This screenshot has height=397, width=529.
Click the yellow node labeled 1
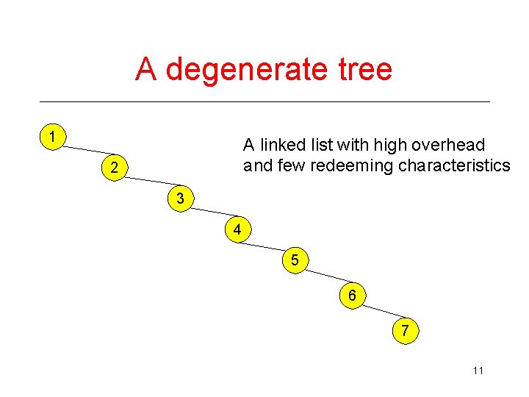51,137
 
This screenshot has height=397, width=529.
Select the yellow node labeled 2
112,168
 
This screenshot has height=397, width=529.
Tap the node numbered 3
180,198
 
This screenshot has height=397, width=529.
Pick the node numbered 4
237,230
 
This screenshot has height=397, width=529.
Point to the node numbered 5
294,261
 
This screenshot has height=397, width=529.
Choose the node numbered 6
352,296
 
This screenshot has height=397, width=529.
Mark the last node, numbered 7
405,331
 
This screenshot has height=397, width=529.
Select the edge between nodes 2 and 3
146,180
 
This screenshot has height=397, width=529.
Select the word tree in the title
366,70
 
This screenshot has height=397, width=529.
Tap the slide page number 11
478,371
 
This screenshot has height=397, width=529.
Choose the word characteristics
454,165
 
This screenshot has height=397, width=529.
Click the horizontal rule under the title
264,101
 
